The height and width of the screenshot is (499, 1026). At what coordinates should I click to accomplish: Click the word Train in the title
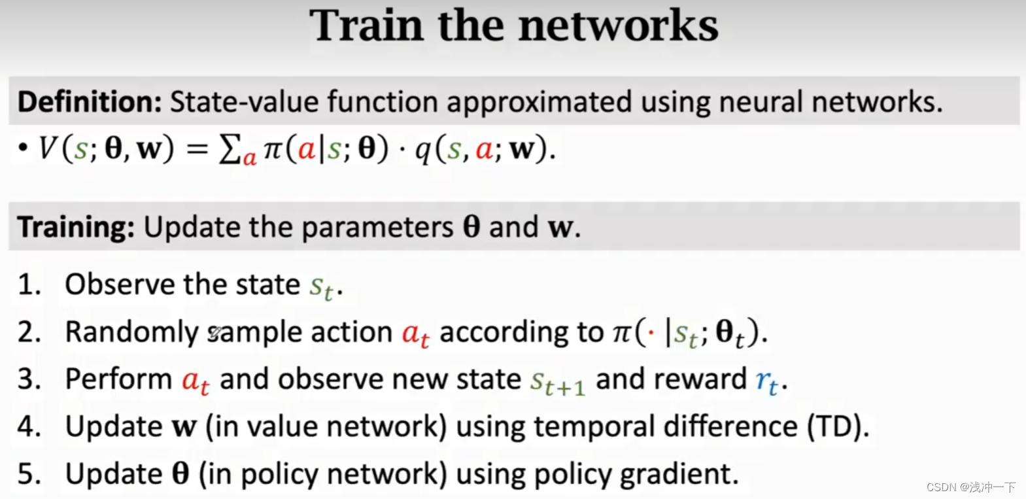[366, 26]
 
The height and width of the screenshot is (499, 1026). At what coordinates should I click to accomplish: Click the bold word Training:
[76, 227]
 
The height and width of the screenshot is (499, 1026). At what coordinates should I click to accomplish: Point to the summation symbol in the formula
[230, 149]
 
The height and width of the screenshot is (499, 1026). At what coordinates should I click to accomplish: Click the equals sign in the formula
[197, 149]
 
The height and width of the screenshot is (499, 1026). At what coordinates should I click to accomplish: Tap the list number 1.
[28, 285]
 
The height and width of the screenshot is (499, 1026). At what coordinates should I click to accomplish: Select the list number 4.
[29, 426]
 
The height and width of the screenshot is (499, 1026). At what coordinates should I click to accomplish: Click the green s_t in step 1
[322, 286]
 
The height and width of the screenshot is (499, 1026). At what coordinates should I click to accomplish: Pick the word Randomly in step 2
[131, 332]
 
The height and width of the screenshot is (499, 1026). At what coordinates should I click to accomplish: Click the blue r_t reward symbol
[767, 381]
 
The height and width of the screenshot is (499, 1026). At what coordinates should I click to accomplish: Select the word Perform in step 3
[118, 379]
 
